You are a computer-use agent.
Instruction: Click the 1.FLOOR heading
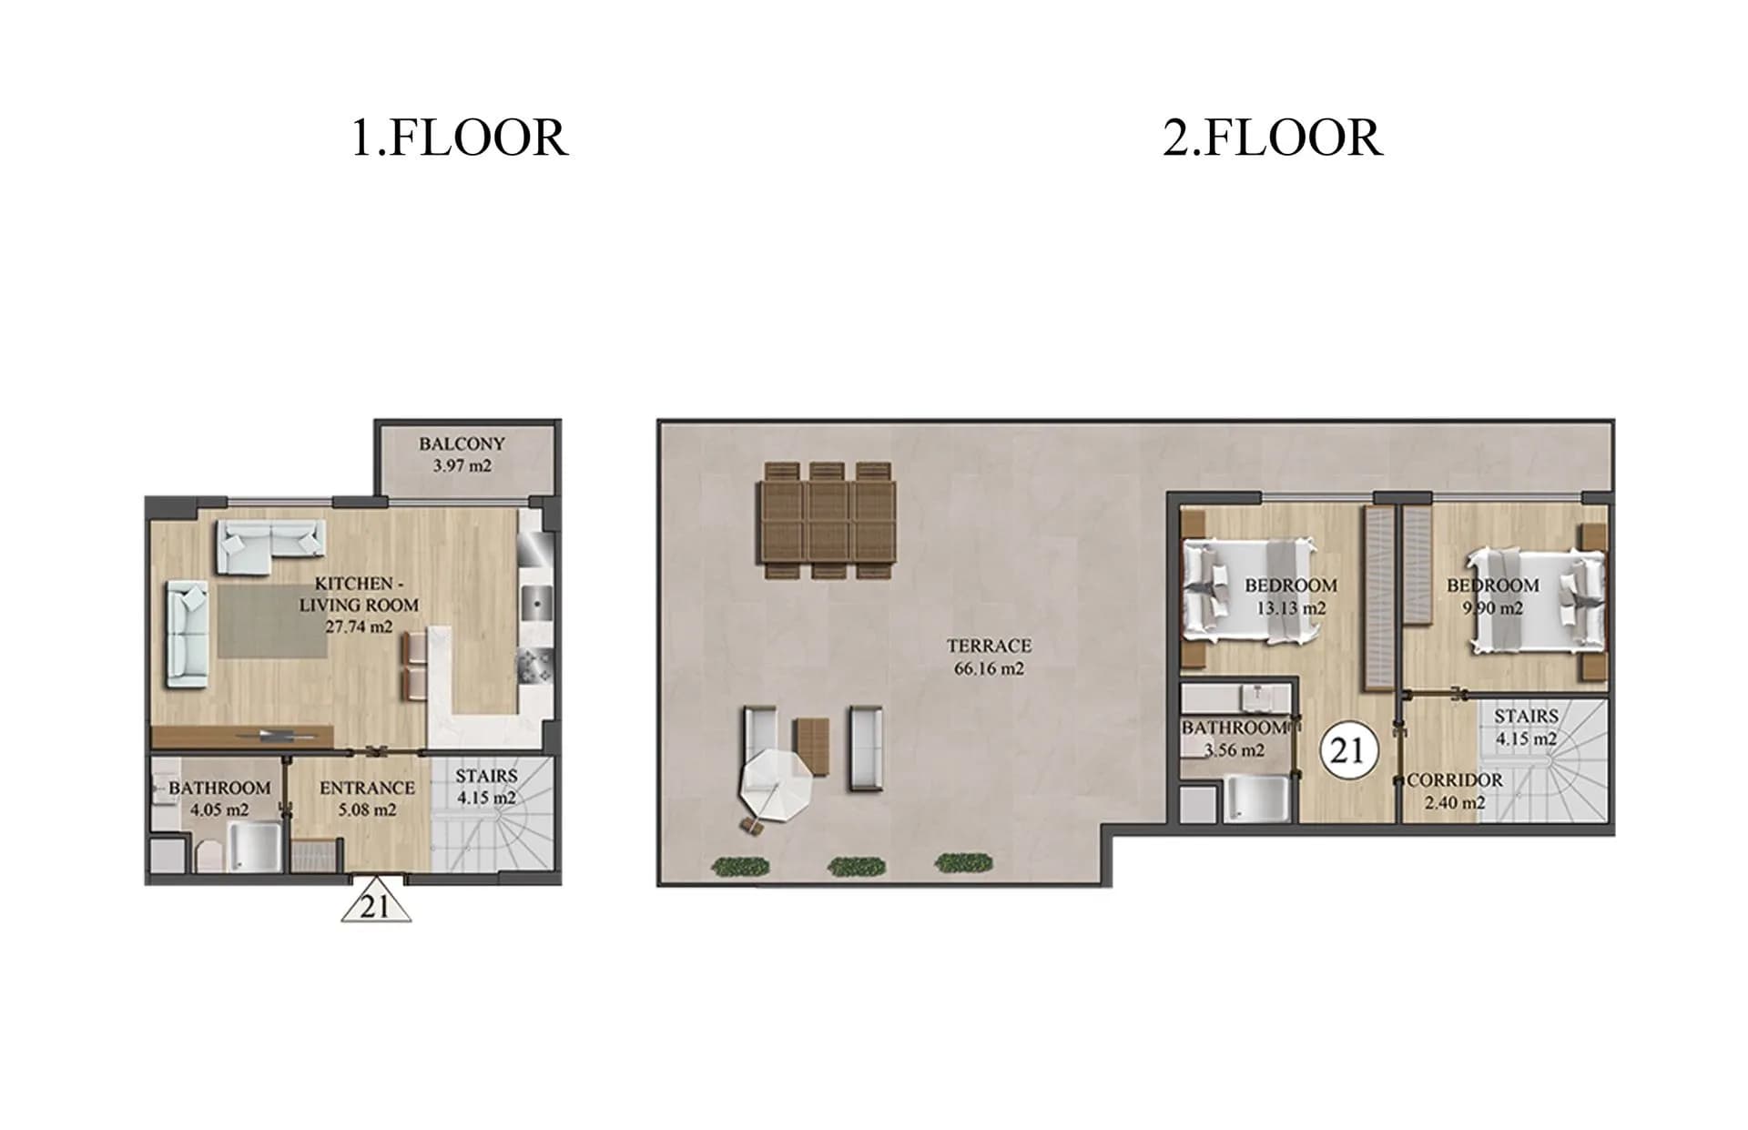coord(460,138)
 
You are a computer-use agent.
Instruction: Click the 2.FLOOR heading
coord(1273,138)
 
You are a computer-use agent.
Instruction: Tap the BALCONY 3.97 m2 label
coord(462,454)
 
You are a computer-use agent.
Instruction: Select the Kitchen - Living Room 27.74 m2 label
coord(359,605)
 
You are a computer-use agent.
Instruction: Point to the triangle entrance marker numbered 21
coord(376,906)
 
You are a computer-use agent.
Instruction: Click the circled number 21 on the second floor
coord(1347,750)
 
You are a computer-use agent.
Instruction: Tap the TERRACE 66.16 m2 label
coord(989,657)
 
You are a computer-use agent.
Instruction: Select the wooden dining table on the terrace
coord(828,521)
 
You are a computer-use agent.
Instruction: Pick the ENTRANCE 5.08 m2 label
coord(367,799)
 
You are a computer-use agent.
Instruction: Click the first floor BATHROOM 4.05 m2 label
coord(219,799)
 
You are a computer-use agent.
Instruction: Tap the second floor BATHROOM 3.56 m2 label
coord(1235,739)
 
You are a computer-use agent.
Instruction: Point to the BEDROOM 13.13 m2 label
coord(1291,596)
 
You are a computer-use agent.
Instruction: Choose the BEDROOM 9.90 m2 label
coord(1493,596)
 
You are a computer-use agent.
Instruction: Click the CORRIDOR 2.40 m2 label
coord(1455,791)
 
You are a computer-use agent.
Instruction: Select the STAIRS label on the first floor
coord(486,787)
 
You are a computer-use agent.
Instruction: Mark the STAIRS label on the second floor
coord(1526,728)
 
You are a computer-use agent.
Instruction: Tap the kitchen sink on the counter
coord(537,603)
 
